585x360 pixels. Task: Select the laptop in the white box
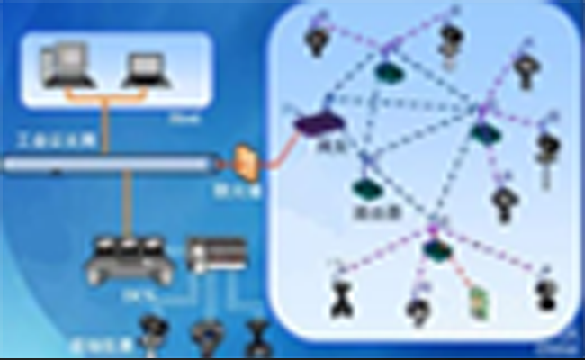145,68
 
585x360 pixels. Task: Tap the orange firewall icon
247,161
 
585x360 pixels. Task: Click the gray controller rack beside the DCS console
215,254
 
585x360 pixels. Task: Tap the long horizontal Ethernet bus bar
108,164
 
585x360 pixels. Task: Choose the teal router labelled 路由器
364,189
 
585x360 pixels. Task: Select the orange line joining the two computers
106,90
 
